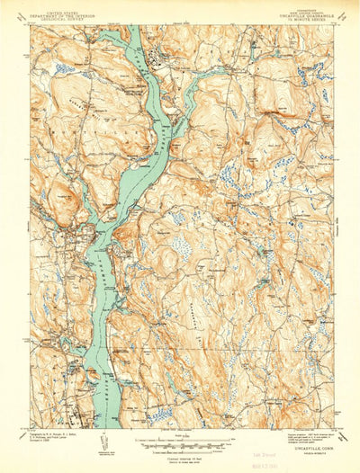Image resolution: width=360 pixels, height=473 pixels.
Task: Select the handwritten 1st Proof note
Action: click(x=308, y=450)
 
